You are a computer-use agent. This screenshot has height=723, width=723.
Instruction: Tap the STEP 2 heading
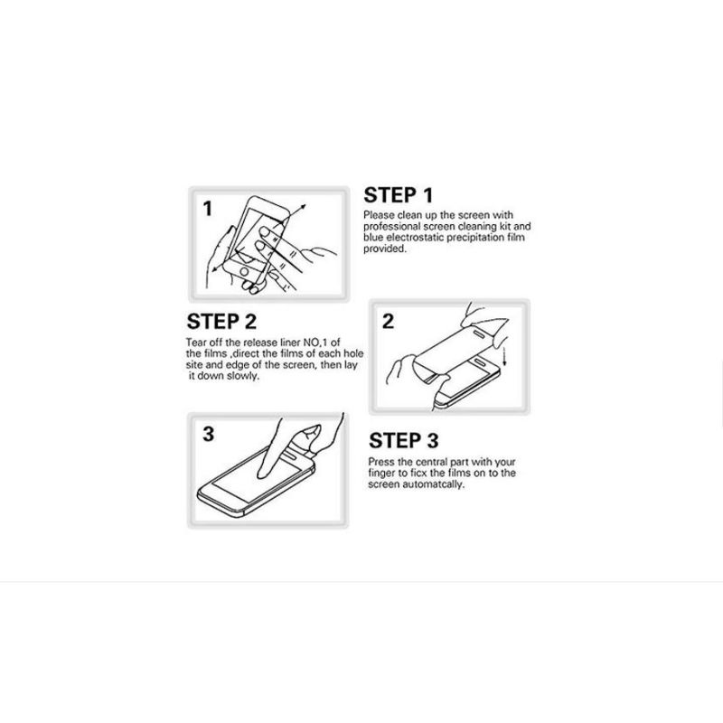(221, 322)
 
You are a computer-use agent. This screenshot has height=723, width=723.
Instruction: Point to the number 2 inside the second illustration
(387, 322)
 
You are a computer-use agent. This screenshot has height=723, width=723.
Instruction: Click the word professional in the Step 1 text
(390, 226)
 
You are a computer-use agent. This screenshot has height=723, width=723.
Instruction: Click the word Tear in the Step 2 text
(197, 342)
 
